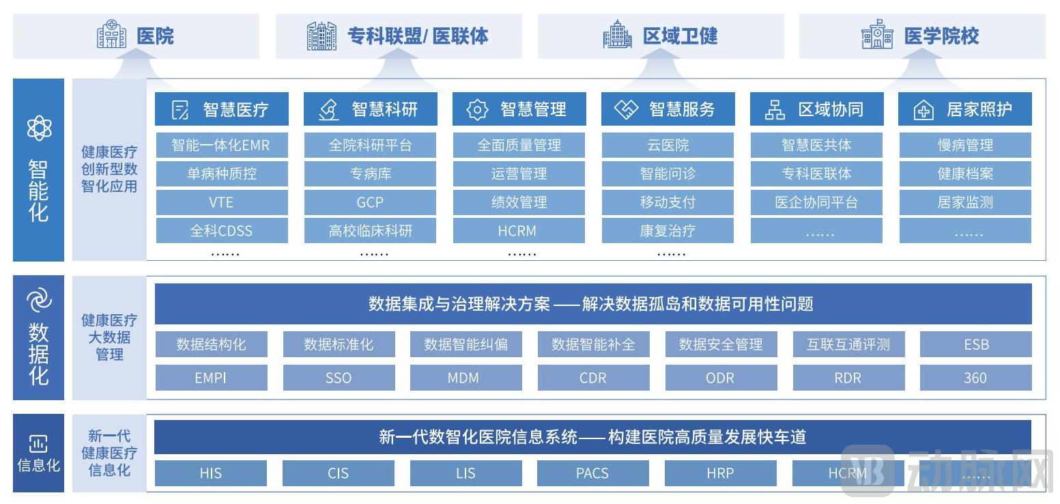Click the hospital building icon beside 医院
point(111,34)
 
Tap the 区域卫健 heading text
point(680,36)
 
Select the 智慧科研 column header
point(371,109)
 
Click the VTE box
point(222,202)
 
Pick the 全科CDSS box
point(222,231)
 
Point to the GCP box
point(370,202)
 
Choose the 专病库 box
point(370,173)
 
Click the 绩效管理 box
point(519,202)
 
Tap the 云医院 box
point(668,145)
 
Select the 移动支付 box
point(668,202)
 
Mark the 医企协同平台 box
point(816,202)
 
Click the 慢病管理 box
point(965,145)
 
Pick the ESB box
point(976,344)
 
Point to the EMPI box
point(211,378)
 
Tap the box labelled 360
point(976,378)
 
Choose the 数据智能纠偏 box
point(466,344)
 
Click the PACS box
point(593,473)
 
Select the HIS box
point(211,473)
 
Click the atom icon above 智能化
point(39,128)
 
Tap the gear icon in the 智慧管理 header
point(477,109)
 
